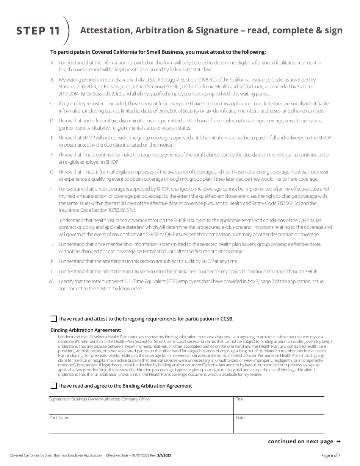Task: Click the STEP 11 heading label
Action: (38, 31)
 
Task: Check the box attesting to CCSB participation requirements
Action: (54, 319)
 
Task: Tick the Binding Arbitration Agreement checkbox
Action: (54, 386)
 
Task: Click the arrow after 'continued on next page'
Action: (338, 441)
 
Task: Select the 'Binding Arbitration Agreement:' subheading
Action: (86, 330)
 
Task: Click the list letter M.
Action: (52, 281)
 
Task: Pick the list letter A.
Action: (52, 63)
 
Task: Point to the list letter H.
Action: (52, 189)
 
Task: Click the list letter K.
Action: (52, 261)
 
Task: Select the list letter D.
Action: (52, 121)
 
